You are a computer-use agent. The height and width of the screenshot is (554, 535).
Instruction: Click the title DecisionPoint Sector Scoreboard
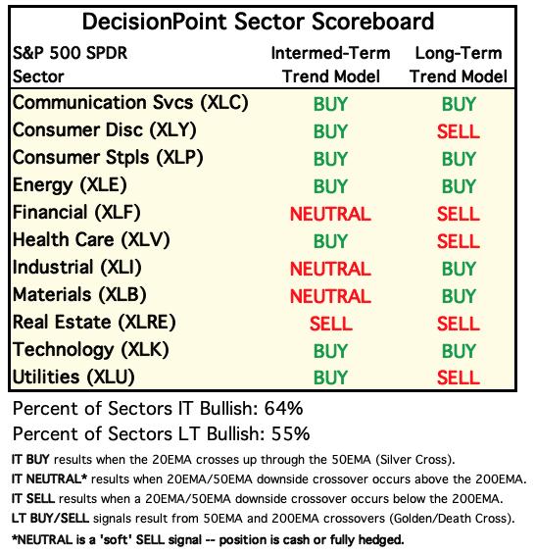tap(258, 22)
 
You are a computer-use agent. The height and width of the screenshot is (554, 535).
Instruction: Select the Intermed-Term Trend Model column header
tap(331, 65)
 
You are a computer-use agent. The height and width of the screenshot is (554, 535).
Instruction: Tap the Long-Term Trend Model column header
tap(459, 65)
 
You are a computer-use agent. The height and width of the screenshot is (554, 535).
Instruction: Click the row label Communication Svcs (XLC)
tap(130, 103)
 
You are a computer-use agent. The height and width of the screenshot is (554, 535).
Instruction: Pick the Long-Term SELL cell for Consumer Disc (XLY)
tap(459, 131)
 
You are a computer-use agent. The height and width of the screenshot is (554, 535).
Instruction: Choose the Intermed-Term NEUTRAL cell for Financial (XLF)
tap(330, 214)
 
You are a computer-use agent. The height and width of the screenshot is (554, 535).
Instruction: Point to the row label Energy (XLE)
tap(70, 185)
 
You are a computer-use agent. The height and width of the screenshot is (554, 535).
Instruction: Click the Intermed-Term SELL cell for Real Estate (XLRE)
tap(331, 324)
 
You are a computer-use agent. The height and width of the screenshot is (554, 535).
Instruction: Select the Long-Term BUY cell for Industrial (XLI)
tap(459, 269)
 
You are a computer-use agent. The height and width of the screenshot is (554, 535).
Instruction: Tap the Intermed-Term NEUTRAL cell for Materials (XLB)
tap(330, 296)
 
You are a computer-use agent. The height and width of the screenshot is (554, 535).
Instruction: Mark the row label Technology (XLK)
tap(91, 350)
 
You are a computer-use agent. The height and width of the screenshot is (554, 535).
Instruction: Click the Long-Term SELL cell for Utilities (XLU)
tap(459, 378)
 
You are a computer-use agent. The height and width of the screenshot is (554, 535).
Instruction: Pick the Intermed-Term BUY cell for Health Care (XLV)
tap(330, 241)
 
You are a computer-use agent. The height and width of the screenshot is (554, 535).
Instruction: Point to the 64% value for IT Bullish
tap(283, 409)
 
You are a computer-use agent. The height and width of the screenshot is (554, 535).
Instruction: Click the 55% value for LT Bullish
tap(290, 433)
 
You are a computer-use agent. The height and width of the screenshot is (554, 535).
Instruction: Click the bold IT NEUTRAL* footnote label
tap(49, 478)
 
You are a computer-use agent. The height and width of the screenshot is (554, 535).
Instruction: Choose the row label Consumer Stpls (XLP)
tap(108, 158)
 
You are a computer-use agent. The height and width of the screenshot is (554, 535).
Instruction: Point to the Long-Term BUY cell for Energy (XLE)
tap(459, 186)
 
